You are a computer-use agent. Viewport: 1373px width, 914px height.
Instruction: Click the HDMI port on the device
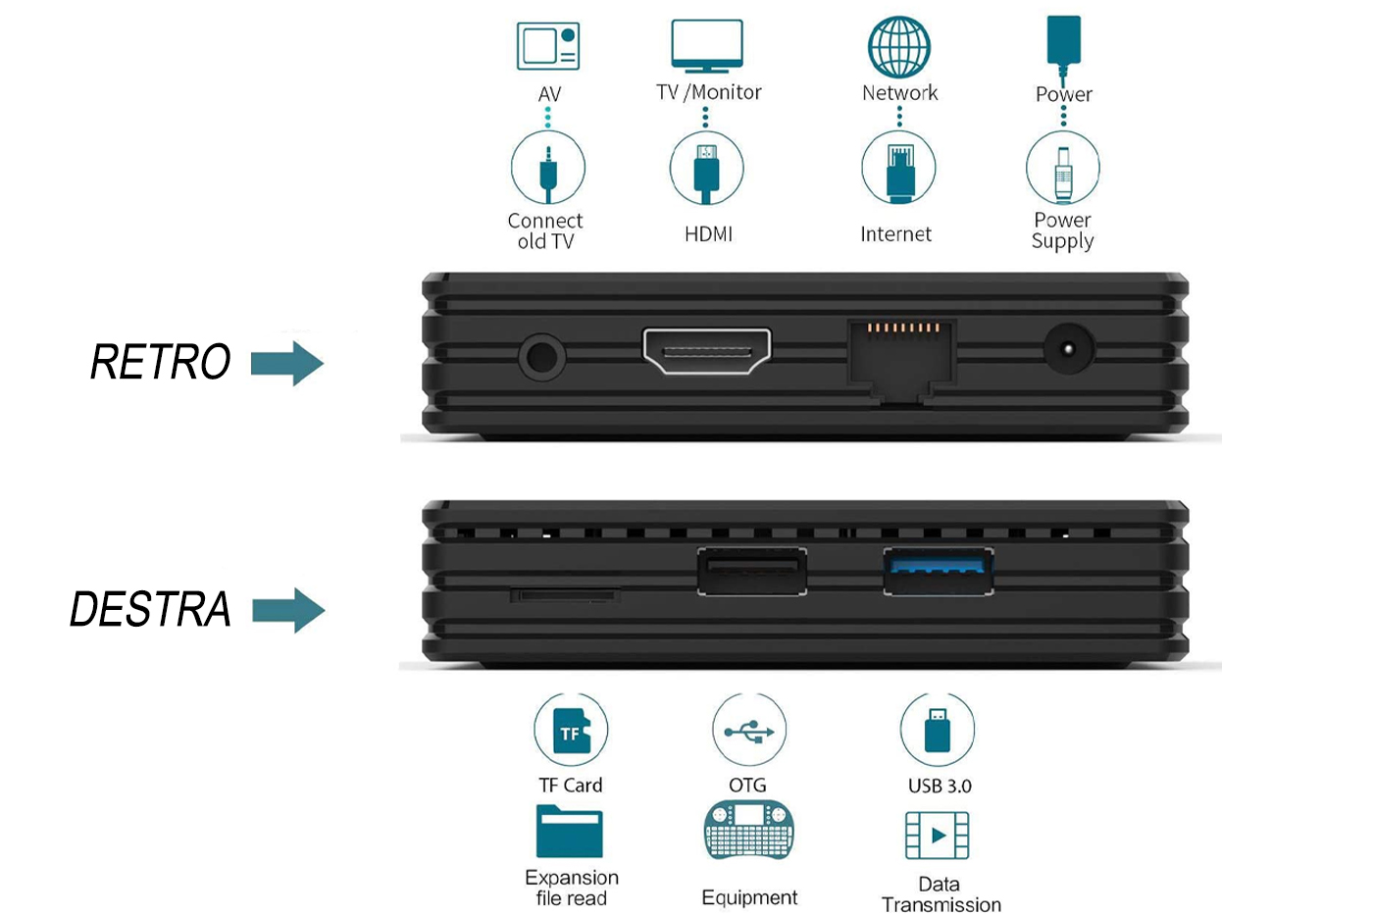pos(706,351)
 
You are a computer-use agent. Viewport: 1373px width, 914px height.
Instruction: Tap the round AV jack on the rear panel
pos(541,356)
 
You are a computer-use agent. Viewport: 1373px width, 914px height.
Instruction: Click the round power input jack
pos(1067,349)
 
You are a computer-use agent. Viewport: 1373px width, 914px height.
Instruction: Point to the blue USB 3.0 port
pos(938,571)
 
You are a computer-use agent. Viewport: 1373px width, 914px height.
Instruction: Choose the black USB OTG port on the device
pos(752,571)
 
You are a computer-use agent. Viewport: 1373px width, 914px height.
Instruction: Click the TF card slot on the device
pos(565,595)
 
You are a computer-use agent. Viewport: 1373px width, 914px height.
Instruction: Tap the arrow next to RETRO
pos(287,363)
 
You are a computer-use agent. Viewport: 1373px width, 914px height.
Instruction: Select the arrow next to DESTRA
pos(288,610)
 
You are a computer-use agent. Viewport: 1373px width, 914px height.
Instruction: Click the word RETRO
pos(161,362)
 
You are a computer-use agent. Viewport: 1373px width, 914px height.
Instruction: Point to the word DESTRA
pos(150,610)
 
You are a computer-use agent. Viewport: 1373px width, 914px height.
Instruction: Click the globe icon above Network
pos(898,46)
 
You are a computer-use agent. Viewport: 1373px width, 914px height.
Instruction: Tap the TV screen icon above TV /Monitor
pos(707,45)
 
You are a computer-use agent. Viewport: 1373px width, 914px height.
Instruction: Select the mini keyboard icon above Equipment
pos(748,831)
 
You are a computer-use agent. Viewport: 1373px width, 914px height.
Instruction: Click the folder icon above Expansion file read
pos(569,832)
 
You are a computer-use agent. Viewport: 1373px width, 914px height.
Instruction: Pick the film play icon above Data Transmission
pos(937,836)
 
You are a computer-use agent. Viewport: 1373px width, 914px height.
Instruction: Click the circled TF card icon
pos(571,731)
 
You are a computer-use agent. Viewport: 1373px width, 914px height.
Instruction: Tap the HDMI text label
pos(708,234)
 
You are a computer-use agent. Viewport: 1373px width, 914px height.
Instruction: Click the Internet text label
pos(895,234)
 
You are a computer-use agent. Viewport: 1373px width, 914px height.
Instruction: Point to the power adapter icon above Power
pos(1063,45)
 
